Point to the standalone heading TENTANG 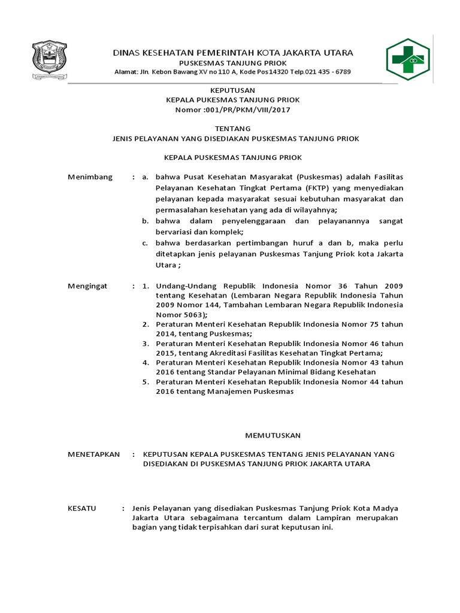point(232,128)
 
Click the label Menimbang point(90,177)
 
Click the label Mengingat point(87,286)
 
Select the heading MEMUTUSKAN point(273,435)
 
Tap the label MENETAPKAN point(93,454)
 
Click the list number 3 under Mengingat point(146,344)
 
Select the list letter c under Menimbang point(145,243)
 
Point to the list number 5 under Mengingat point(146,381)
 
